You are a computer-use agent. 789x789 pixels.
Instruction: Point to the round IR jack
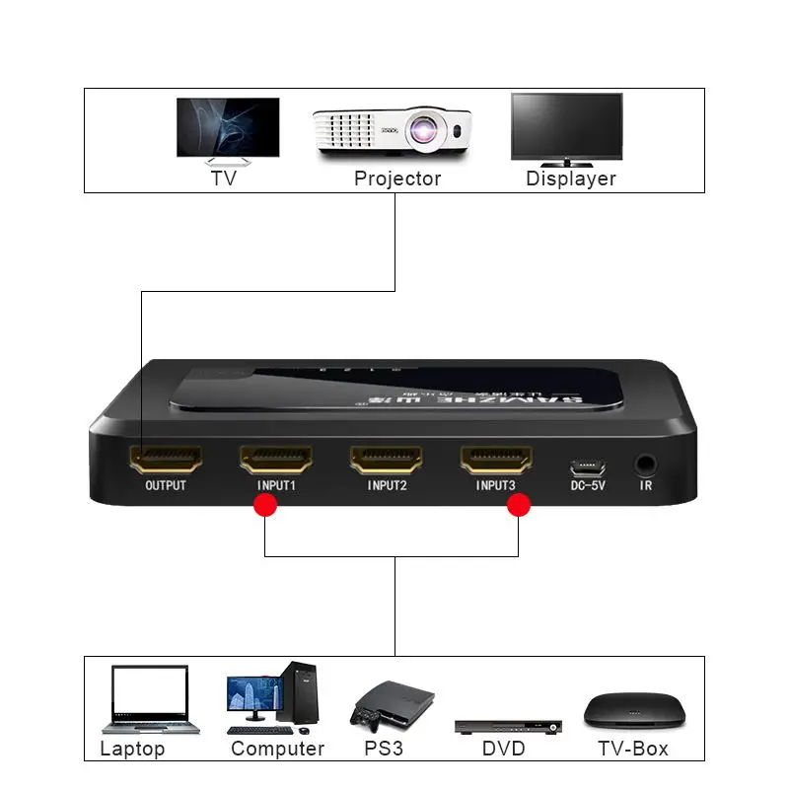[x=646, y=462]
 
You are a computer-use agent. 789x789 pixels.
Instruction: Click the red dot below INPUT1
[x=264, y=506]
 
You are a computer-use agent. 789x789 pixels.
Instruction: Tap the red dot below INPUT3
[x=519, y=506]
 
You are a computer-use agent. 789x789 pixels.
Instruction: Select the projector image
[x=394, y=131]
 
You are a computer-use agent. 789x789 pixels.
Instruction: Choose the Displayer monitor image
[x=567, y=129]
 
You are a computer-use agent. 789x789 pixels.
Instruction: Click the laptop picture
[x=150, y=699]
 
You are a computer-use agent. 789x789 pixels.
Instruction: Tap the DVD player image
[x=508, y=726]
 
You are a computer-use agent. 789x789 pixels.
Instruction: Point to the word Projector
[x=397, y=179]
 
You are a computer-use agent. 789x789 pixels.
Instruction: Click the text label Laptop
[x=132, y=749]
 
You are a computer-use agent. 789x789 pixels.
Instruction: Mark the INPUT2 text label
[x=387, y=485]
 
